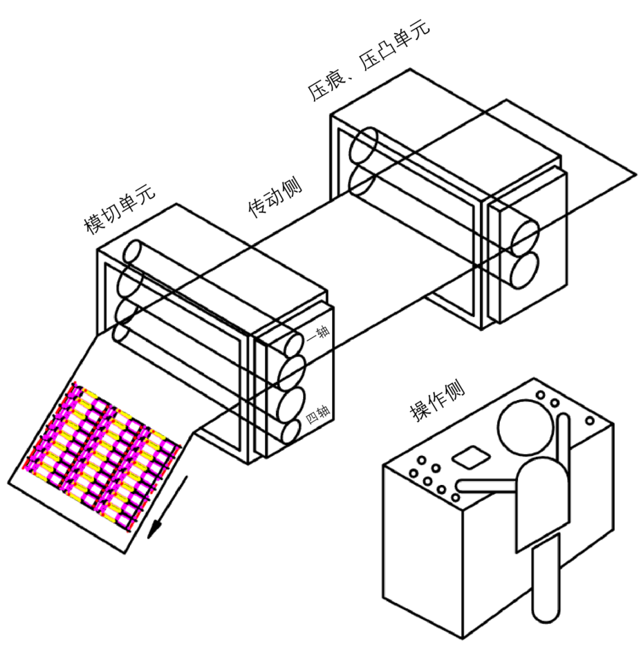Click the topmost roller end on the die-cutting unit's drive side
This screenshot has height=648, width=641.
tap(133, 251)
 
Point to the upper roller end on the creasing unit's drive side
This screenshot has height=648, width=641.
tap(363, 145)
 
